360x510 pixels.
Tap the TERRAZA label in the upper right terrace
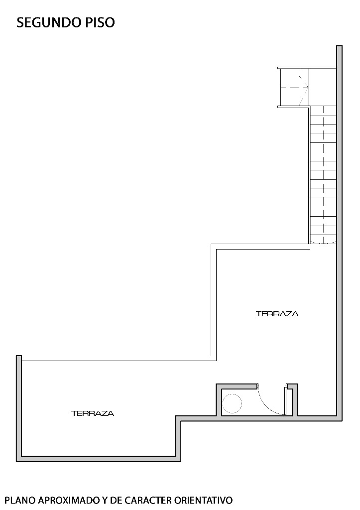click(x=277, y=314)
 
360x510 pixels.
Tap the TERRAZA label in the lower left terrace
click(x=93, y=414)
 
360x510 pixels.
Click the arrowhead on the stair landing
click(x=306, y=87)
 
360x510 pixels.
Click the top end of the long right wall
click(x=339, y=46)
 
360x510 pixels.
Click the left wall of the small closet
click(x=219, y=400)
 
